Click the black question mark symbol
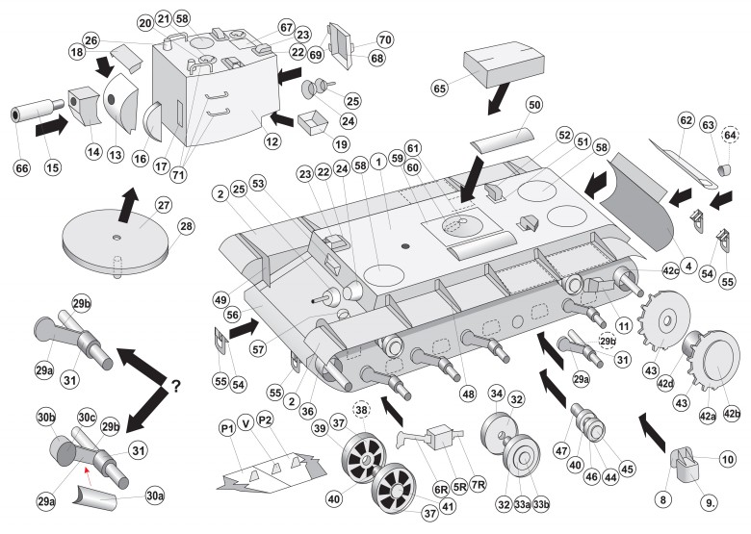tap(175, 385)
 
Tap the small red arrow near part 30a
tap(87, 473)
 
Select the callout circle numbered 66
tap(22, 167)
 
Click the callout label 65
tap(439, 89)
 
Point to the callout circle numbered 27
tap(163, 205)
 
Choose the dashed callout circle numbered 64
tap(730, 136)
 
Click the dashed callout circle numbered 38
tap(361, 409)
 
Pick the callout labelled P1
tap(227, 427)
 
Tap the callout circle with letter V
tap(246, 423)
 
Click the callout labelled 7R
tap(478, 484)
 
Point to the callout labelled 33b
tap(541, 504)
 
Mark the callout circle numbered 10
tap(728, 459)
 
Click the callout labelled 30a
tap(154, 496)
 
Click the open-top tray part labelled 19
tap(312, 122)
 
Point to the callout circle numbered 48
tap(468, 394)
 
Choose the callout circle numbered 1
tap(378, 162)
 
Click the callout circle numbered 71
tap(178, 174)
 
